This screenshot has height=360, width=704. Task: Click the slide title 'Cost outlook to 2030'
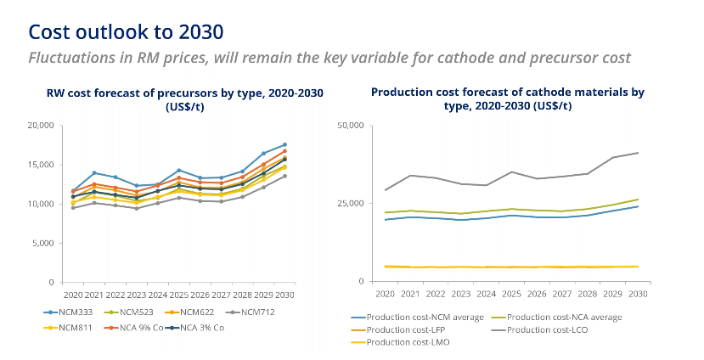[126, 31]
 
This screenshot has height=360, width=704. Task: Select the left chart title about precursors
[184, 98]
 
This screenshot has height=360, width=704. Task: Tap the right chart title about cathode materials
[507, 98]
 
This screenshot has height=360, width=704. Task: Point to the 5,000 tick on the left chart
[43, 243]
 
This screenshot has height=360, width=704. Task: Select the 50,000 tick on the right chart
[351, 126]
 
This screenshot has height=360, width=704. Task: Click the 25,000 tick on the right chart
[351, 204]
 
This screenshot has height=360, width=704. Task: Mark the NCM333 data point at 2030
[284, 144]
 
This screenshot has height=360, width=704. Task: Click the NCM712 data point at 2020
[73, 208]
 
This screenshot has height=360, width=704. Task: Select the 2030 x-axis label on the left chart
[284, 294]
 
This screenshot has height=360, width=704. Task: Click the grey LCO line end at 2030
[637, 153]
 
